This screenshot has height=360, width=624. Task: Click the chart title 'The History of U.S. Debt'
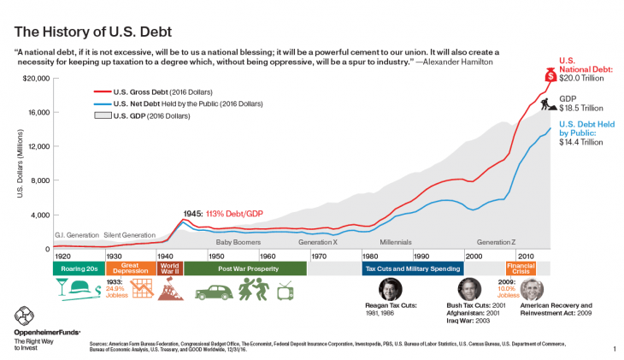[x=94, y=32]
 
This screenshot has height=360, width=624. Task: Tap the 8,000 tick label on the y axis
[x=39, y=180]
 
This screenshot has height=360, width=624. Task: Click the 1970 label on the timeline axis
[x=318, y=256]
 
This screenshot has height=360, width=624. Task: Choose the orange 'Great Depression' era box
[x=130, y=268]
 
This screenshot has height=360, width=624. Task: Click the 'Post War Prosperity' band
[x=244, y=268]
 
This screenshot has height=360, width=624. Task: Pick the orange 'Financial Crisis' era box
[x=521, y=268]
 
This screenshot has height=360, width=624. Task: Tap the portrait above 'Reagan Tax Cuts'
[x=390, y=289]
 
